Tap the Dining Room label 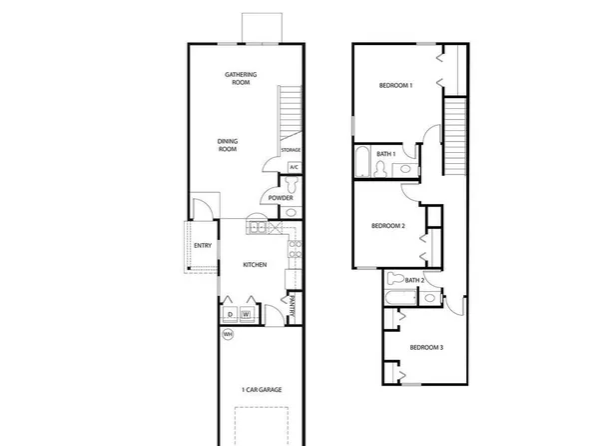coord(228,145)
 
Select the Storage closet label coord(291,150)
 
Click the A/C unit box coord(295,167)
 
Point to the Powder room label coord(281,198)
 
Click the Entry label coord(203,246)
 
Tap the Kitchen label coord(255,265)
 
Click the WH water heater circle coord(228,334)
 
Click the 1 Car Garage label coord(261,389)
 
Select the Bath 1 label coord(386,154)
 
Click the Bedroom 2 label coord(387,226)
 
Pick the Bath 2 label coord(415,281)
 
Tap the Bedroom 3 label coord(426,347)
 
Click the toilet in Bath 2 coord(394,281)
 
